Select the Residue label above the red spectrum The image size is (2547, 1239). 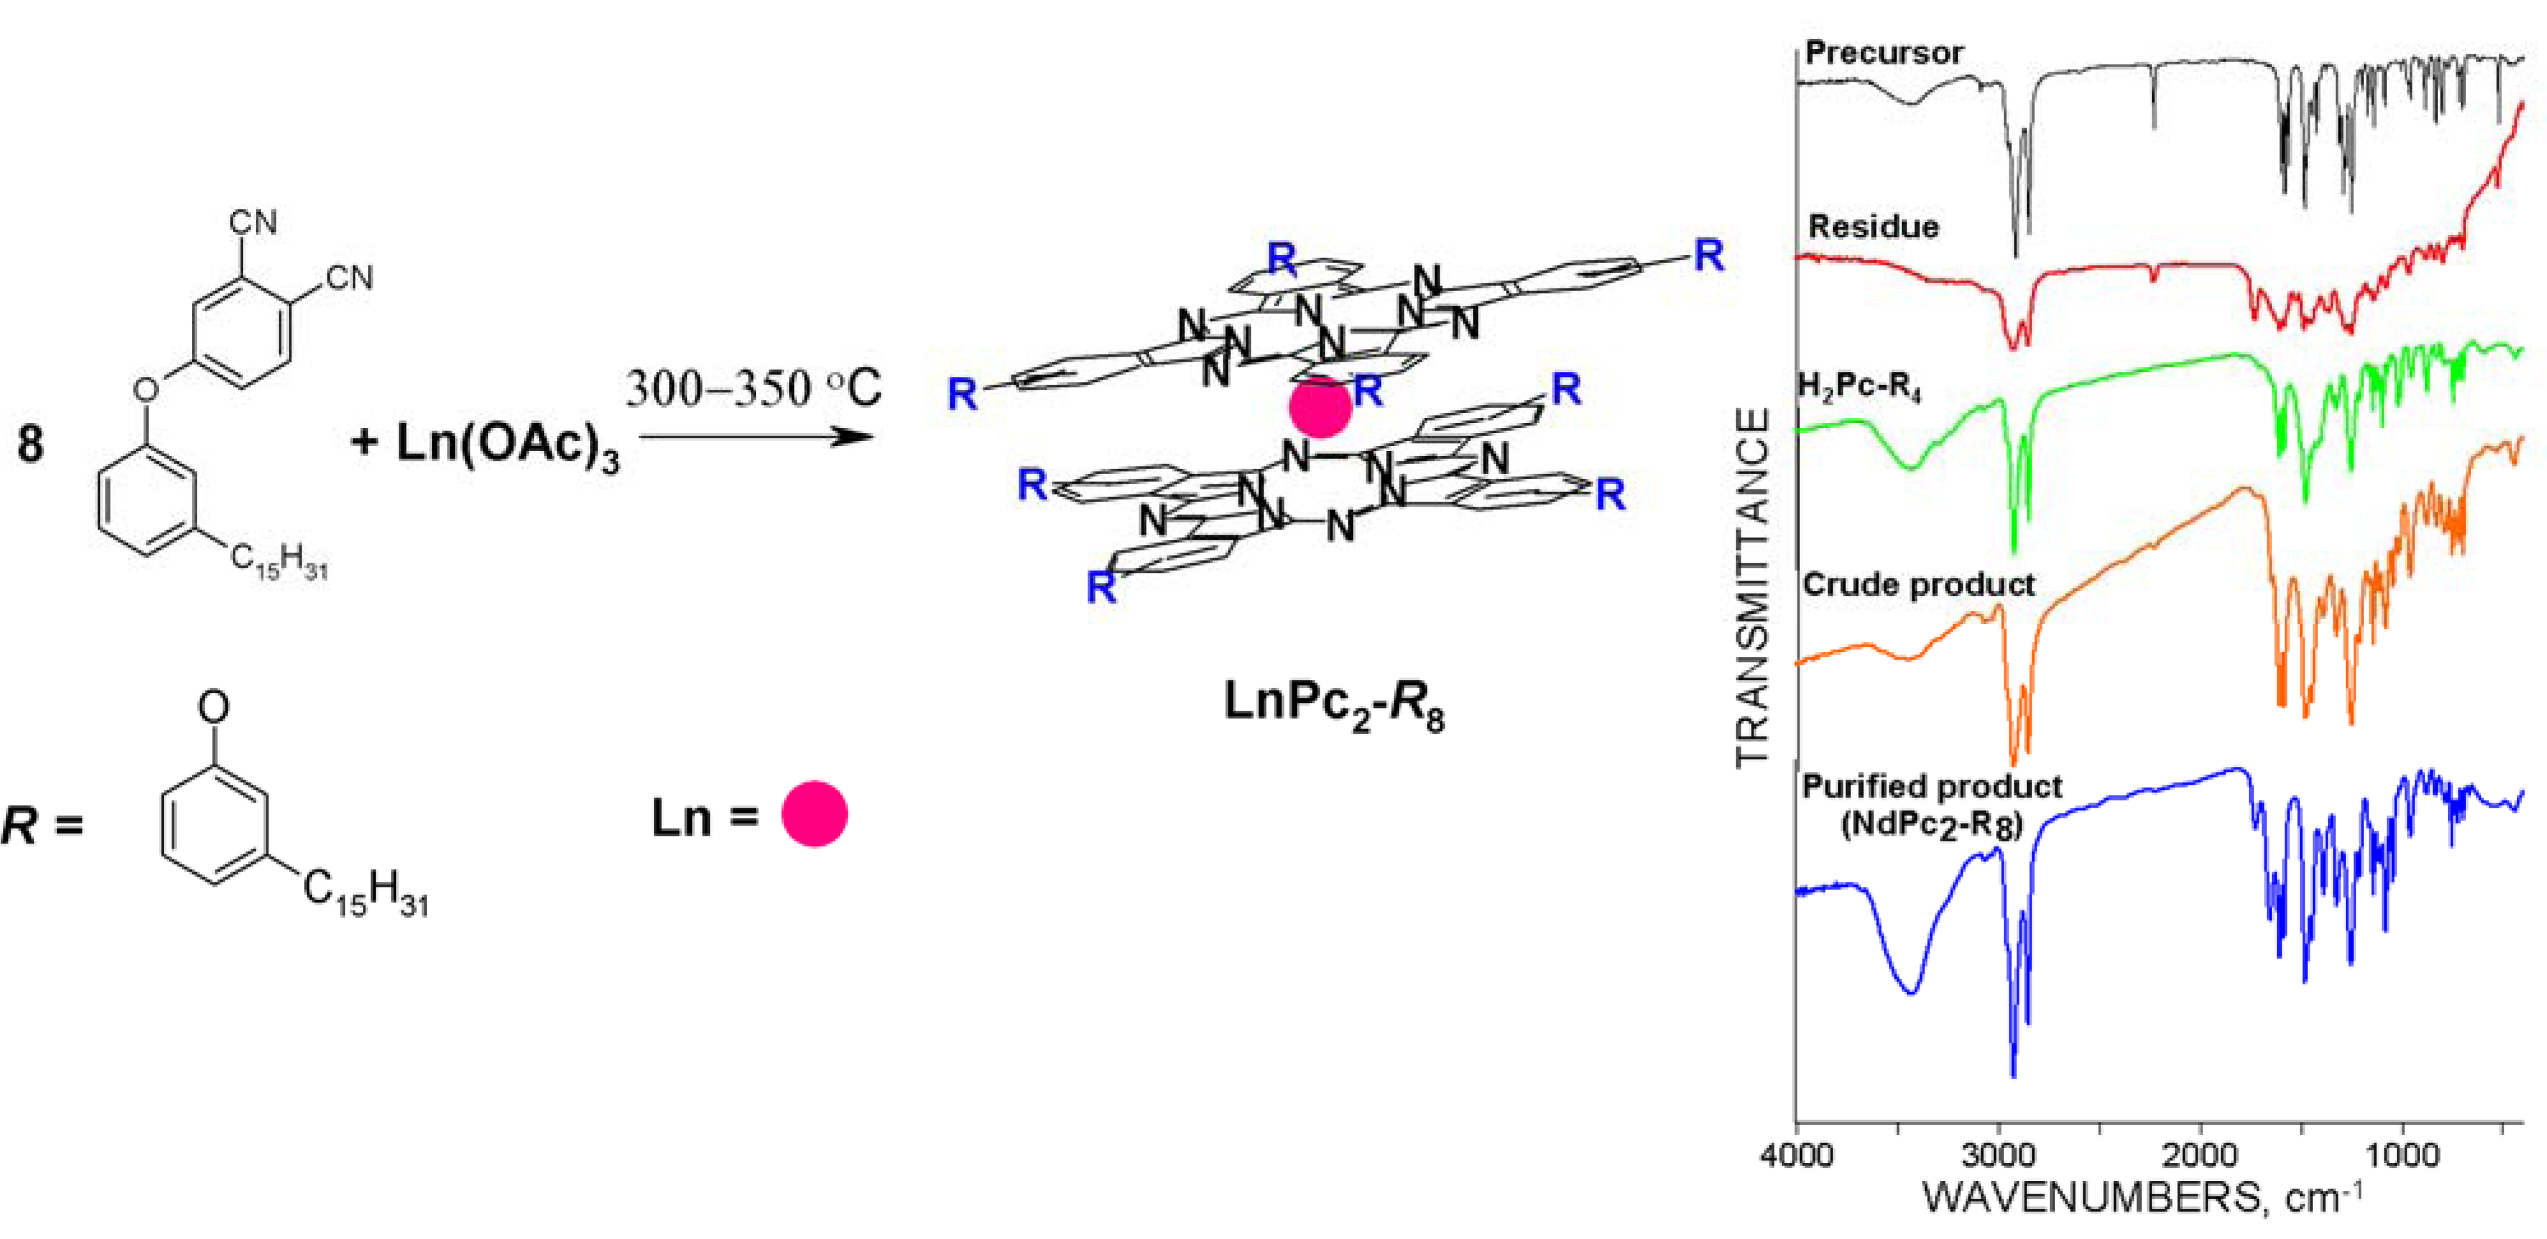(x=1873, y=227)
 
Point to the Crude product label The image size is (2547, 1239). (x=1918, y=584)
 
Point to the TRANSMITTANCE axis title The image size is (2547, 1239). (x=1752, y=588)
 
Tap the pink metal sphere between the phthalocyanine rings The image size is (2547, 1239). (x=1320, y=408)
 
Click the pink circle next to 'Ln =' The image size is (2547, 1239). (x=814, y=814)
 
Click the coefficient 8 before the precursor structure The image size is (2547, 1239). (x=31, y=444)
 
